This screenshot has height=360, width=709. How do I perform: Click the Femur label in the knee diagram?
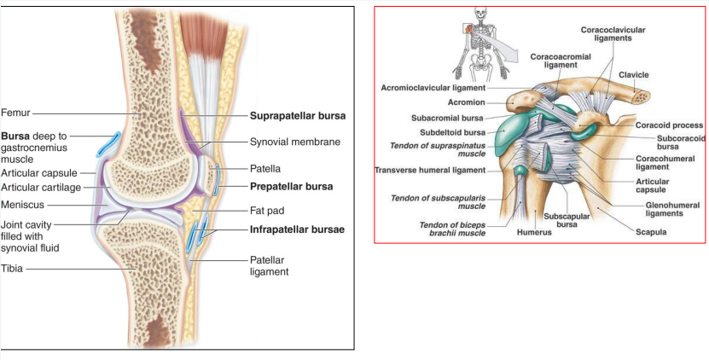pos(16,112)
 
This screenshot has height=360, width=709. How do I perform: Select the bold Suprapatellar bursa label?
pos(296,115)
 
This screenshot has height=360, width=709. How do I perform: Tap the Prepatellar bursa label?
pos(291,185)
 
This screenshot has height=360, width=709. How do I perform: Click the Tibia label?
pos(13,269)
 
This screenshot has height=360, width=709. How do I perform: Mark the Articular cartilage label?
pos(42,187)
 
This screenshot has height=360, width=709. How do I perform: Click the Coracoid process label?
pos(669,125)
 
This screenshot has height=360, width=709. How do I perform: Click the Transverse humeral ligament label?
pos(430,170)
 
